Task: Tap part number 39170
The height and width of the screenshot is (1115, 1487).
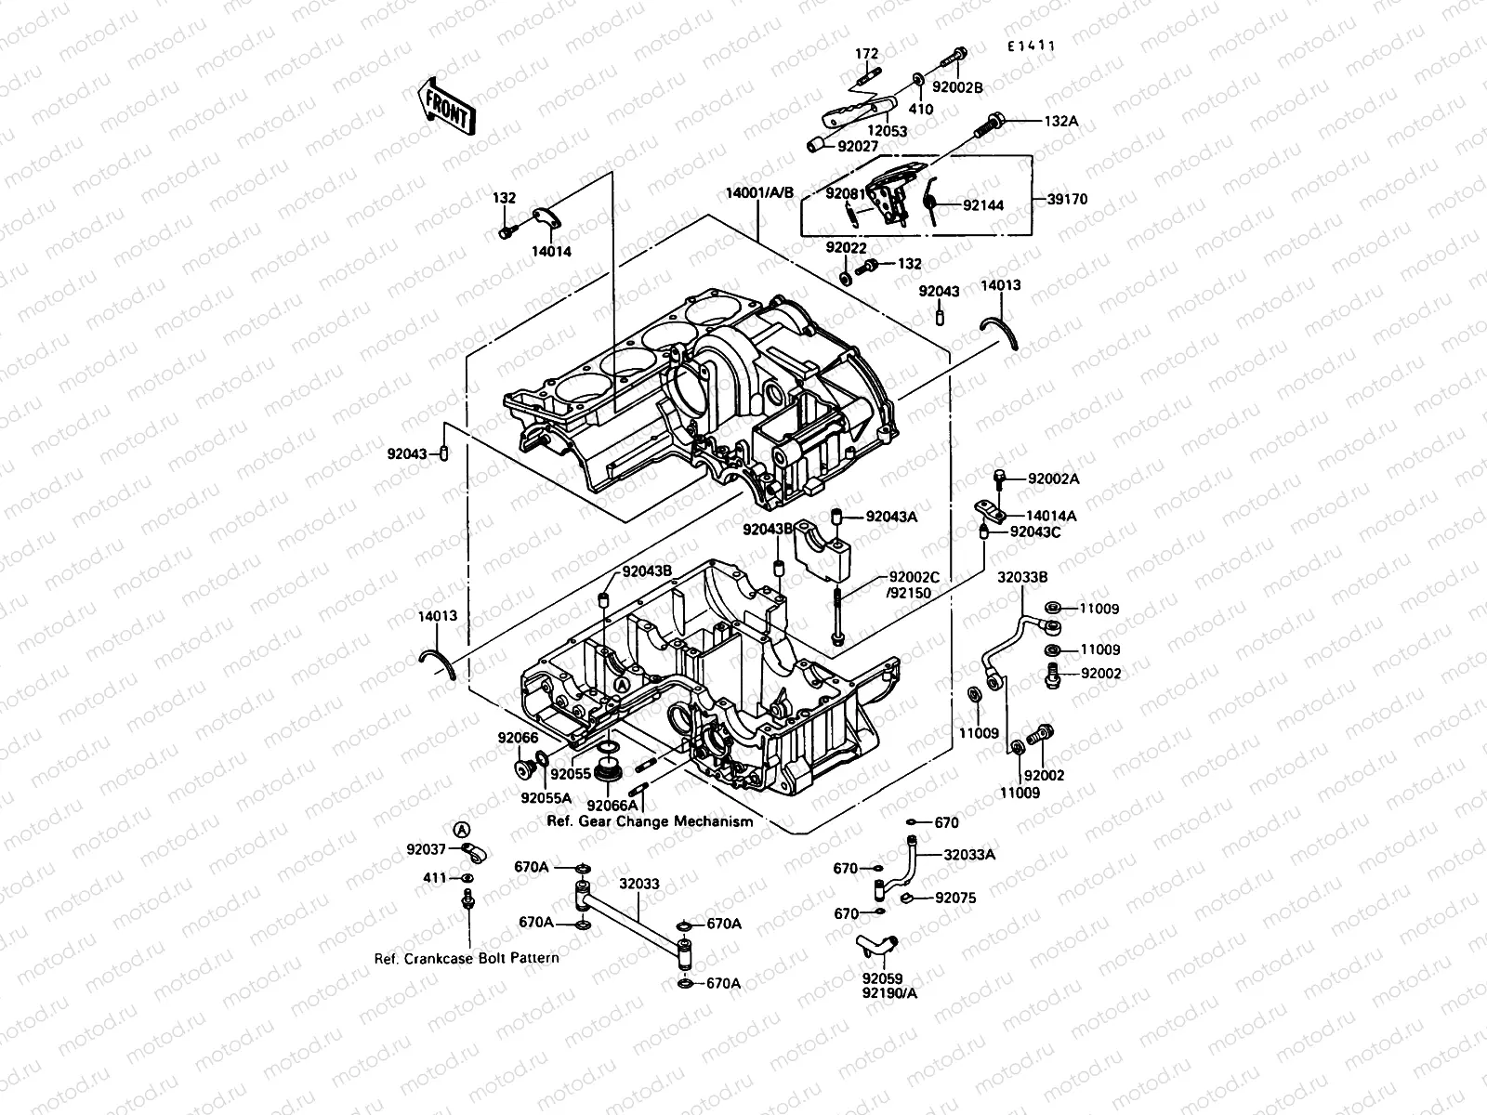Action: tap(1066, 199)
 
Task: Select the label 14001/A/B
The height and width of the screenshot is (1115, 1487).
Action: tap(760, 193)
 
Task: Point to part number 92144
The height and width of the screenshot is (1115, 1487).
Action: tap(982, 205)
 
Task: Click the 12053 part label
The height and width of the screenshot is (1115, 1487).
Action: tap(887, 131)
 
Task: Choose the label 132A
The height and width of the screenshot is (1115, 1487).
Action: tap(1060, 122)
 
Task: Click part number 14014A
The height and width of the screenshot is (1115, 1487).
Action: tap(1051, 516)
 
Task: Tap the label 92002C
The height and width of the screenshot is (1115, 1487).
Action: tap(914, 577)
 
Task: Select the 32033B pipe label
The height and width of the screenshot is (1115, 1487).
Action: tap(1022, 576)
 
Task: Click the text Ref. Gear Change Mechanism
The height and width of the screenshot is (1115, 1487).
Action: tap(650, 821)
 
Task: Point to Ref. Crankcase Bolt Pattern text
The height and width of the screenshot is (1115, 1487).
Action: tap(467, 958)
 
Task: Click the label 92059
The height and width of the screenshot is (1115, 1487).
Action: tap(880, 978)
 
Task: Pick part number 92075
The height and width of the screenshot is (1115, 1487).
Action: tap(954, 899)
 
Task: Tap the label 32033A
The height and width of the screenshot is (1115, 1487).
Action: tap(969, 855)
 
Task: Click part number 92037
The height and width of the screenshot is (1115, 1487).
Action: tap(426, 848)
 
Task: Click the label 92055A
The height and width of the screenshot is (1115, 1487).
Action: tap(546, 797)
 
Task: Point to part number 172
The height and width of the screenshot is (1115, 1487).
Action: tap(866, 54)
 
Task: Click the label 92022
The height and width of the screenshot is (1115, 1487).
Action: tap(846, 248)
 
